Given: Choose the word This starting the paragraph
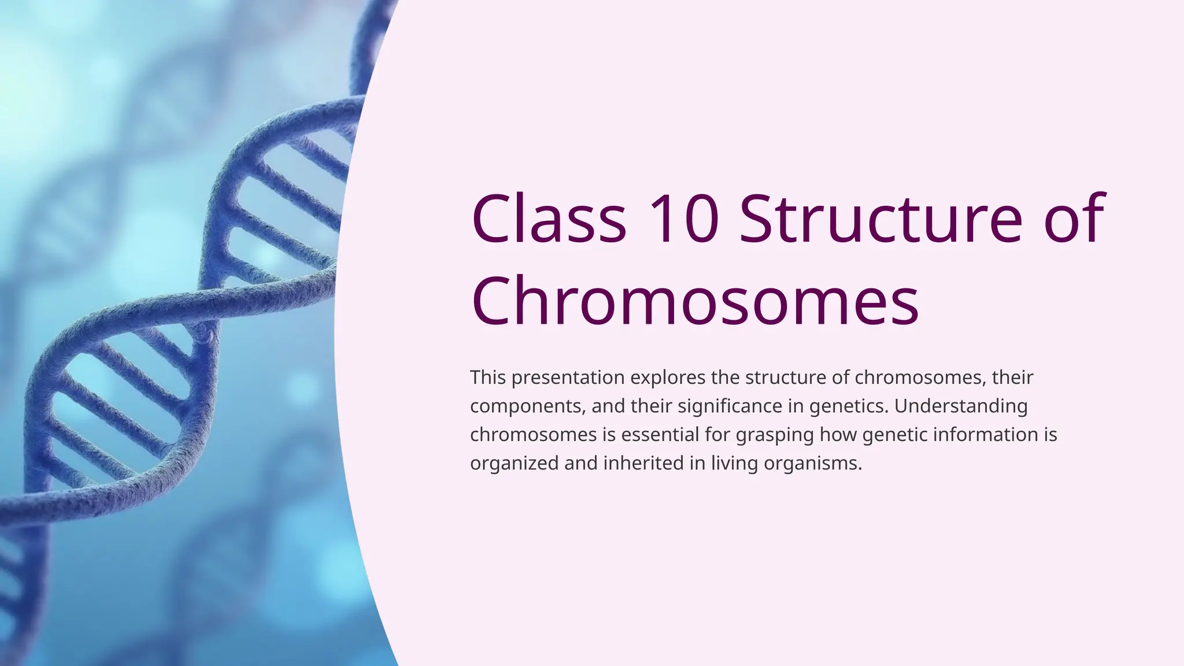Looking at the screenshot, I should [488, 378].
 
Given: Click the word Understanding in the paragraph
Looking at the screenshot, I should [961, 406].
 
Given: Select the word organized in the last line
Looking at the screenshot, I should [514, 464].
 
